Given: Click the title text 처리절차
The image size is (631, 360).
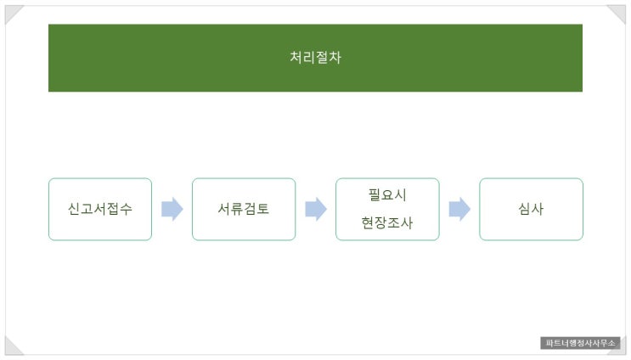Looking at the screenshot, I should point(315,58).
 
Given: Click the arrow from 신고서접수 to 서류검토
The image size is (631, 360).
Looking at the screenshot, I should point(172,209).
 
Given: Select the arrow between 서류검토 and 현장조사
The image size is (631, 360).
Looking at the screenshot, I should point(316,209).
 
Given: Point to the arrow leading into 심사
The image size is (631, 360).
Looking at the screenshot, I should point(459,209).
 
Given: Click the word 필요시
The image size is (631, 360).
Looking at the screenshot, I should point(387,194).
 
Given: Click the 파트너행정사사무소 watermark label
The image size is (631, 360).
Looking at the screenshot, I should point(580,343).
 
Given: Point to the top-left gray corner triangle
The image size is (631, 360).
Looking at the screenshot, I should point(12,13).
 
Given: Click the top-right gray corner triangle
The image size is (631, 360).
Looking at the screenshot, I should point(618,13).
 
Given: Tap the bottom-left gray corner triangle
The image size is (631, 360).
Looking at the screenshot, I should point(12,346).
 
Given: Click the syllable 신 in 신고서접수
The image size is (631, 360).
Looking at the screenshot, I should point(75,209).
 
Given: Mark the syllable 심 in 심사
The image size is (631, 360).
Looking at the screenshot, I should point(524,209).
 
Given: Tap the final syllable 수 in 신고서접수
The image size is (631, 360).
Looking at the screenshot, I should point(126,209).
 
